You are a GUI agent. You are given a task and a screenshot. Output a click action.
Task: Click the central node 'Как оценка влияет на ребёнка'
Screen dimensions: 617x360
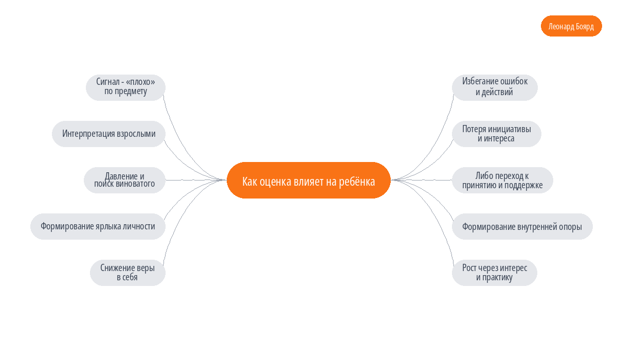point(308,180)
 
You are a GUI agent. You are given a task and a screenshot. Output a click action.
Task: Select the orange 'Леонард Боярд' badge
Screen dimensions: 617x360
point(571,26)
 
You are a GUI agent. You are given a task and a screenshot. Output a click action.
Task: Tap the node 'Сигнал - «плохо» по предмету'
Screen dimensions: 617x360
point(125,87)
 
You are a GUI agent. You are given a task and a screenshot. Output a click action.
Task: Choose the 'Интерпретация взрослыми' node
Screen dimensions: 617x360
point(108,134)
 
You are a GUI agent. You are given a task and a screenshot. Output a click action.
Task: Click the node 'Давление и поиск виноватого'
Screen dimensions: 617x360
point(124,180)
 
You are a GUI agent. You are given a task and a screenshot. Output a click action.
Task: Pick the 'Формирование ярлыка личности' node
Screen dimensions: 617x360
point(98,226)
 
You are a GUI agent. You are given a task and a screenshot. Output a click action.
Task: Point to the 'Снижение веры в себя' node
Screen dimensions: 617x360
point(128,273)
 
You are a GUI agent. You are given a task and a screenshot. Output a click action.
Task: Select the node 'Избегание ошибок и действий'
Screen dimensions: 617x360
point(495,87)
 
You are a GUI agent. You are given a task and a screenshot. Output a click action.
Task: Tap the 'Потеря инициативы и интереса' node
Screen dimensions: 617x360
point(497,134)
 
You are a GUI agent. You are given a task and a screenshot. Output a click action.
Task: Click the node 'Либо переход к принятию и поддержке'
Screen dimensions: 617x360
point(502,180)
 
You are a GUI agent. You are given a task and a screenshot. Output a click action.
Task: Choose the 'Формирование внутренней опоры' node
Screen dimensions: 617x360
point(522,226)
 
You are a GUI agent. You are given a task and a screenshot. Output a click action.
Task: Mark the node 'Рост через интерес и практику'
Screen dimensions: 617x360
point(495,273)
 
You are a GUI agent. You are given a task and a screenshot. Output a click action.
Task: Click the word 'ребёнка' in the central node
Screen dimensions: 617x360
point(357,182)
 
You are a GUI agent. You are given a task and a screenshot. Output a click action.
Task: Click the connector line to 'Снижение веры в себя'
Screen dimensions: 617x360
point(183,212)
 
